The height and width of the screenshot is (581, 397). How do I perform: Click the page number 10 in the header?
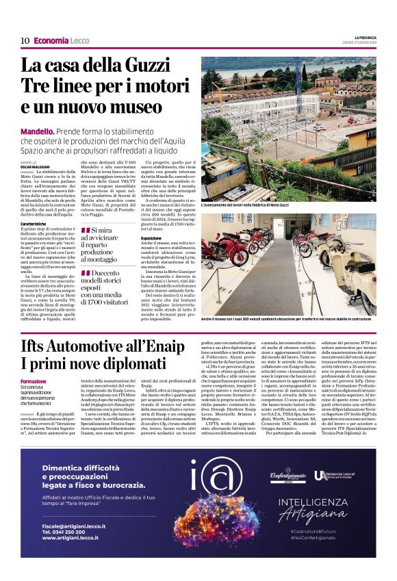point(25,40)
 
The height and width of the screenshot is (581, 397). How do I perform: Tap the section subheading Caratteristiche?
point(38,224)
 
